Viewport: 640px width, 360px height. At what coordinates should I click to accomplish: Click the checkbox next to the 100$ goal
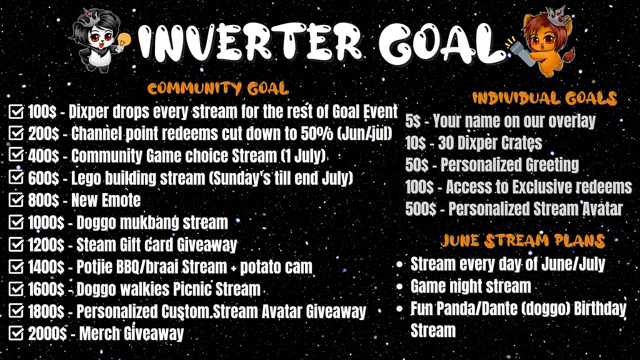(x=16, y=111)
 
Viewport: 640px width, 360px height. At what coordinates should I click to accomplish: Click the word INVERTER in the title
(x=250, y=43)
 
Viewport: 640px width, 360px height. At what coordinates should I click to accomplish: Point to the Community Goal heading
(x=218, y=88)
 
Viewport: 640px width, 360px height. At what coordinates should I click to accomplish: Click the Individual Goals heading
(x=544, y=98)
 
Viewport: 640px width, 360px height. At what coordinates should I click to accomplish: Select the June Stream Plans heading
(x=522, y=241)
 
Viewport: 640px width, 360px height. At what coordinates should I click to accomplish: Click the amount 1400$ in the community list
(x=46, y=267)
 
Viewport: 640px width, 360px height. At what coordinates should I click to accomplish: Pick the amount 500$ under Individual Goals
(x=421, y=209)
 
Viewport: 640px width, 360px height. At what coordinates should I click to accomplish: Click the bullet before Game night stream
(x=400, y=286)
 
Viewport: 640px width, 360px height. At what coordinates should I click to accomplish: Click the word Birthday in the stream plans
(x=600, y=309)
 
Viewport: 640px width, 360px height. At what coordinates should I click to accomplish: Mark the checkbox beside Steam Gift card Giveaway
(x=16, y=244)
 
